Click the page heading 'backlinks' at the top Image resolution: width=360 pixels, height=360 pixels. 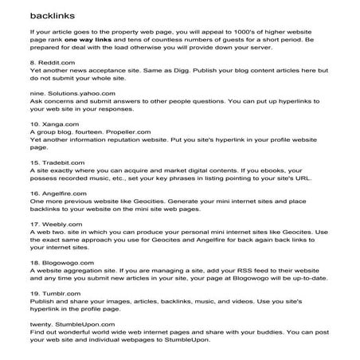click(x=49, y=16)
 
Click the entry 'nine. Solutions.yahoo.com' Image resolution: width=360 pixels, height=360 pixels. click(x=65, y=115)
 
